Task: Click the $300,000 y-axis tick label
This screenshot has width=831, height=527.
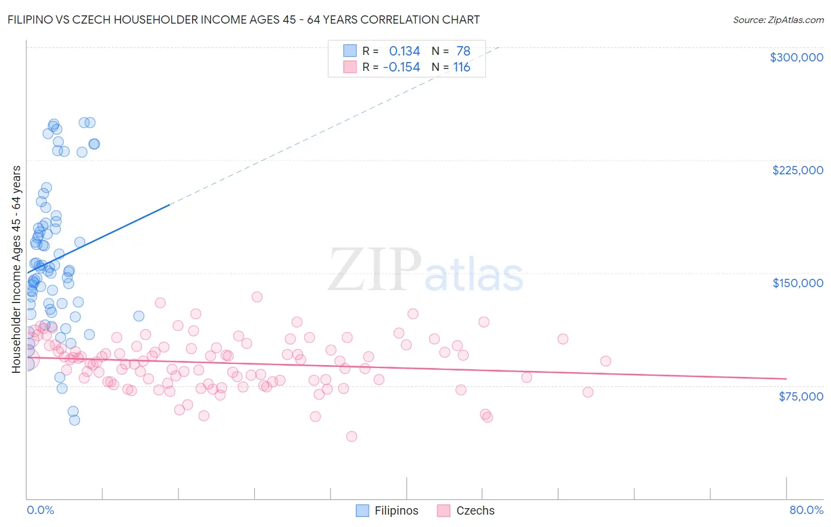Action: click(796, 57)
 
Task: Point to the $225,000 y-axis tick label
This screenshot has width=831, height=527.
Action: click(797, 170)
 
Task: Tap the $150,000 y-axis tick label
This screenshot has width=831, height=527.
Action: click(797, 283)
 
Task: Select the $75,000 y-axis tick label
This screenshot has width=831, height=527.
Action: click(800, 396)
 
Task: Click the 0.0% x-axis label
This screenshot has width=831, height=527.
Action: click(40, 510)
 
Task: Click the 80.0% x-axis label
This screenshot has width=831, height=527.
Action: click(806, 510)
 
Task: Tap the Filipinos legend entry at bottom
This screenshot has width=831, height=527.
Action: click(396, 511)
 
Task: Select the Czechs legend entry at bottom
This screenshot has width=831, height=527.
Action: click(475, 511)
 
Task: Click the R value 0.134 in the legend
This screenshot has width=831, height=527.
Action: click(404, 51)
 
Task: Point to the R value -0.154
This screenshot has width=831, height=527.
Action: click(401, 67)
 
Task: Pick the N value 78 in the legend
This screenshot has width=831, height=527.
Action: click(463, 51)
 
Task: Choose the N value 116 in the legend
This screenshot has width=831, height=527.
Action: click(462, 67)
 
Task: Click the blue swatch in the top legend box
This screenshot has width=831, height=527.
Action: click(350, 51)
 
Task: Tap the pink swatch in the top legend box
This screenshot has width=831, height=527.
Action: click(350, 67)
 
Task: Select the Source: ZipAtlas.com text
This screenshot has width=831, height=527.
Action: click(778, 19)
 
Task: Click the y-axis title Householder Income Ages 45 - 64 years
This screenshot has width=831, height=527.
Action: click(16, 269)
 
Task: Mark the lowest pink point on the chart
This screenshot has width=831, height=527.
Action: click(352, 437)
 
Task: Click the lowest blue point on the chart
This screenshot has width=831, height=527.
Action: click(74, 420)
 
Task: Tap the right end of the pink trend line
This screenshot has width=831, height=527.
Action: click(786, 378)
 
